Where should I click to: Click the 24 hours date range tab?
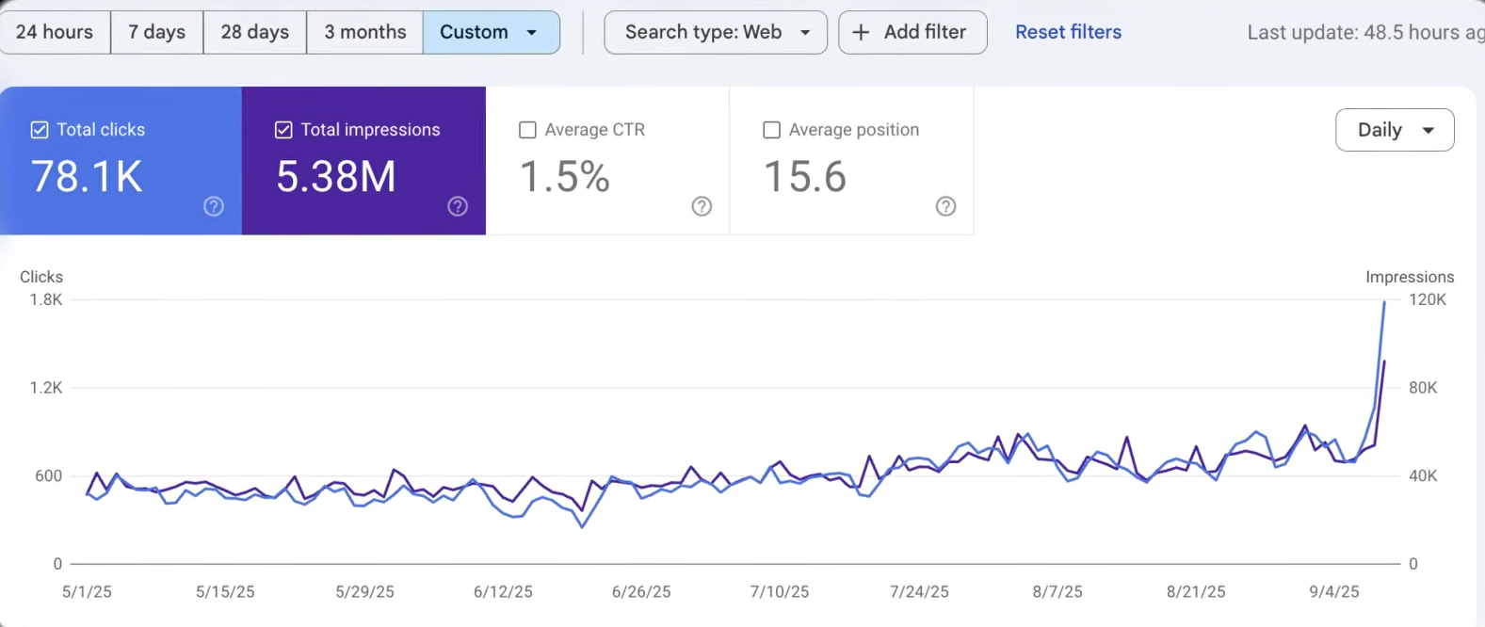(x=55, y=32)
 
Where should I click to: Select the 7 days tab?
(x=157, y=32)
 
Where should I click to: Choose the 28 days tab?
(x=255, y=32)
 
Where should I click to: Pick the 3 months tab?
(x=365, y=32)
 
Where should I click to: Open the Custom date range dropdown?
(x=491, y=32)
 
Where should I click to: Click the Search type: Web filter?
(x=716, y=32)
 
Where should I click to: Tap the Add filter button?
(x=912, y=32)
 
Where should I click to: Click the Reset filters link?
(x=1068, y=32)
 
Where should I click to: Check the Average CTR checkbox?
(x=528, y=130)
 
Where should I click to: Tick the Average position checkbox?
(x=772, y=130)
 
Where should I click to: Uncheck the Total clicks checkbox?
(x=40, y=130)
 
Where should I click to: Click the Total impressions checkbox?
(x=283, y=130)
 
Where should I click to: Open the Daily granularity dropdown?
(x=1395, y=130)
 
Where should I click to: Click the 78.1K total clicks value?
(x=87, y=177)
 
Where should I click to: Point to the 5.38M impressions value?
(x=336, y=177)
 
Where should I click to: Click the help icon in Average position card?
(x=945, y=206)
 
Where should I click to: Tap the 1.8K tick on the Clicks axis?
(x=45, y=299)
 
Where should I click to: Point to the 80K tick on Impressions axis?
(x=1423, y=388)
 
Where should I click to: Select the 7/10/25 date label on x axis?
(x=780, y=592)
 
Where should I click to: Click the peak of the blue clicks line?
(x=1384, y=302)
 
